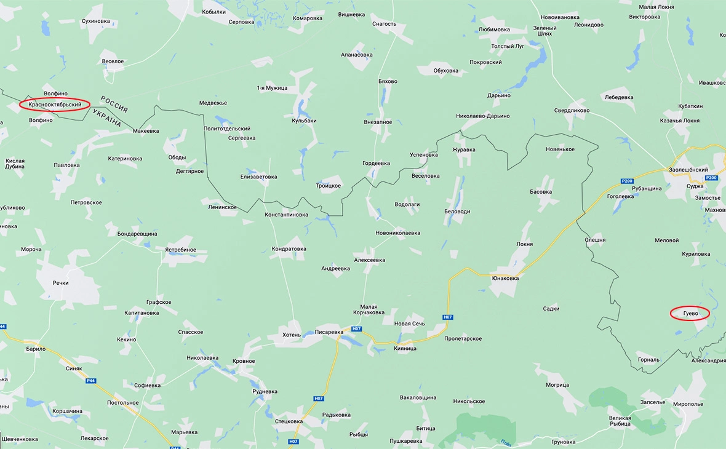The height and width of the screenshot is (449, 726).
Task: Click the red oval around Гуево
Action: coord(690,313)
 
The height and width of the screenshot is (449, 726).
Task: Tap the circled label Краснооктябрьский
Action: coord(55,105)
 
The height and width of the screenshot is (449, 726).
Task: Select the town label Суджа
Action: coord(695,186)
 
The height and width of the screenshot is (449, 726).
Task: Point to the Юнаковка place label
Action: coord(505,278)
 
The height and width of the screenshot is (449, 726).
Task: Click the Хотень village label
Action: coord(291,335)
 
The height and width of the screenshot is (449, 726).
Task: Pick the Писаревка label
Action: coord(329,332)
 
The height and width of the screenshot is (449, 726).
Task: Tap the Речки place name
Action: coord(60,283)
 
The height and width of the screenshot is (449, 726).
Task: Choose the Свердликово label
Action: coord(572,111)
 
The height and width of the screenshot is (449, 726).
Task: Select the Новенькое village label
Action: coord(560,149)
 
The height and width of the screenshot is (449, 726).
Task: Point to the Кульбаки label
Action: coord(304,121)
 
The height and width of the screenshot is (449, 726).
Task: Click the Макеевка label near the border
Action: coord(146,131)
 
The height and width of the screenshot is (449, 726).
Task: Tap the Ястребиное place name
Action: coord(180,250)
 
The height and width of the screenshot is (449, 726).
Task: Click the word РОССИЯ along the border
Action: coord(114,105)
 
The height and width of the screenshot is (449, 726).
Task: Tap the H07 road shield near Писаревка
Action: coord(356,329)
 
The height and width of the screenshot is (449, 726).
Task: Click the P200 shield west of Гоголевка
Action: coord(626,181)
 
